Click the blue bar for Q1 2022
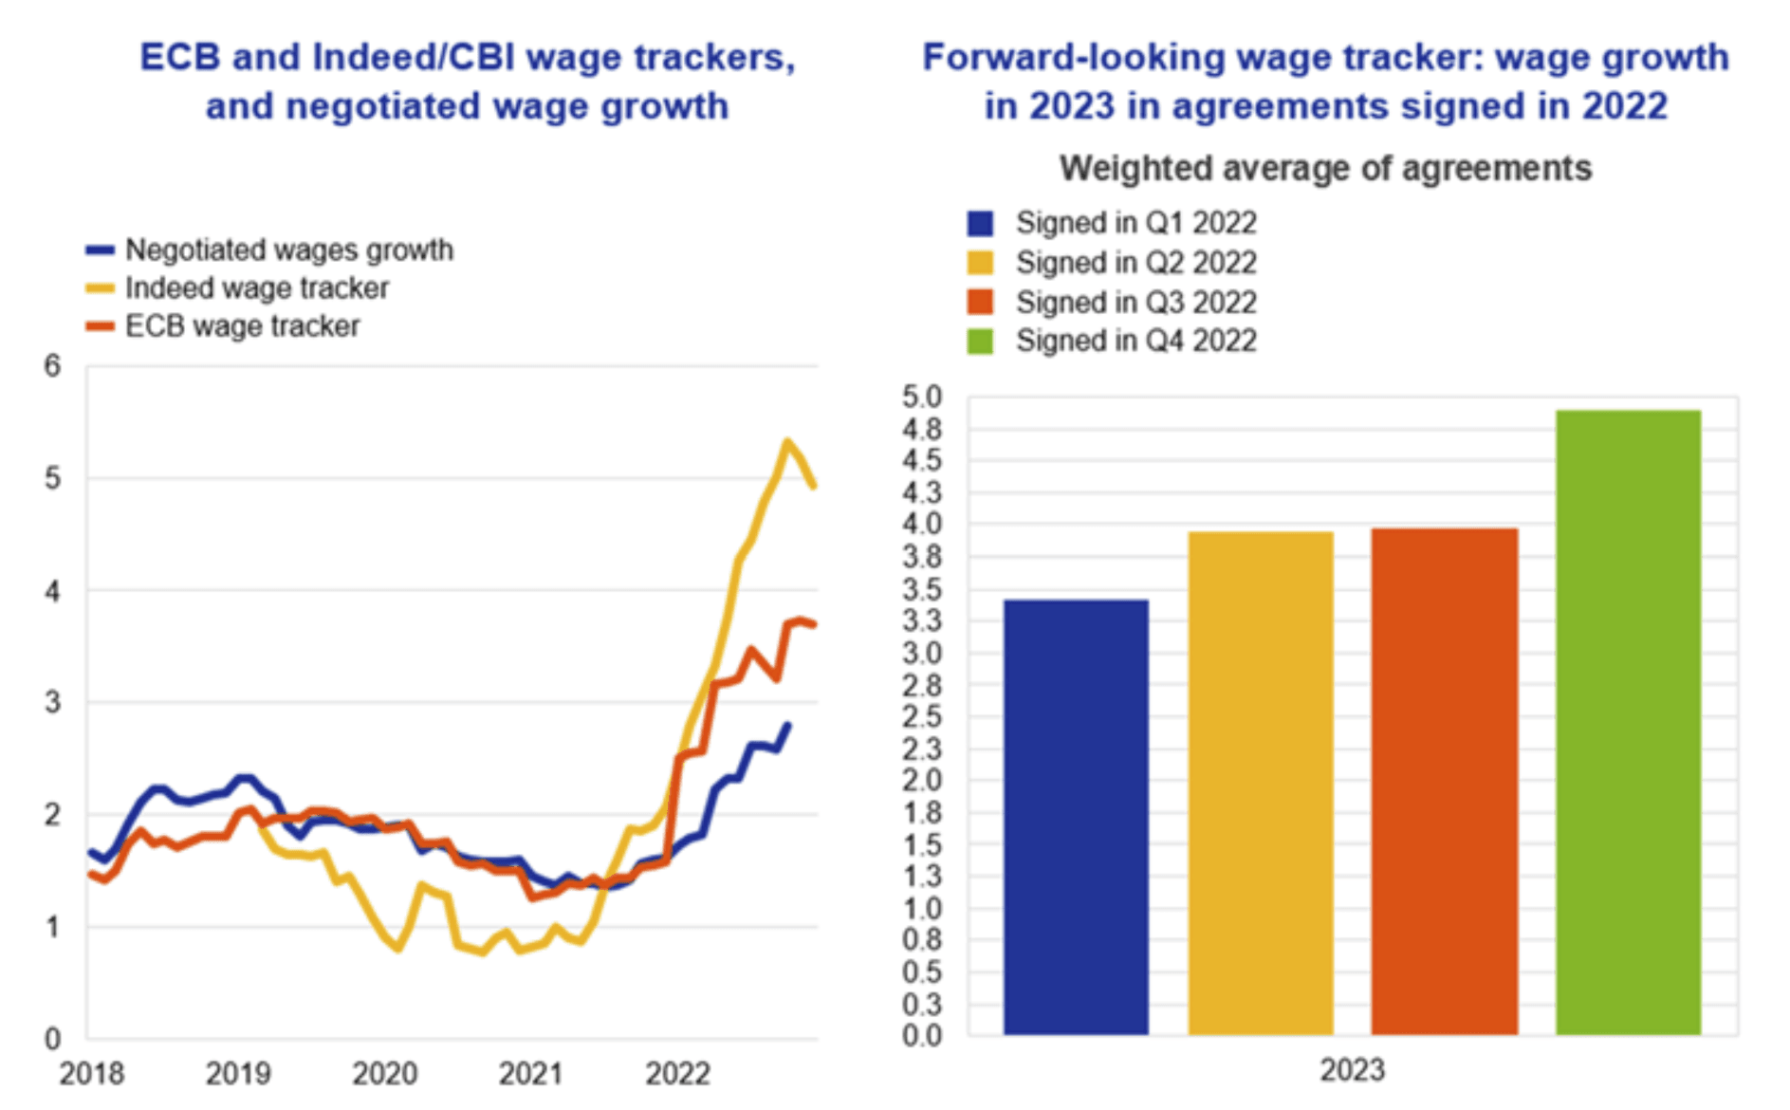(x=1076, y=816)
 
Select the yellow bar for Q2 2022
(x=1261, y=783)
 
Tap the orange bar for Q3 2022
(x=1445, y=781)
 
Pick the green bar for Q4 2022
(x=1629, y=721)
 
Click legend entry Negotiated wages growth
(x=288, y=250)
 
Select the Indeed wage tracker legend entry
(x=256, y=288)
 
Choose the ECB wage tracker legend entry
(x=242, y=326)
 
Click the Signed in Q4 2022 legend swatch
(x=980, y=342)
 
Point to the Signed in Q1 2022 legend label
(x=1135, y=223)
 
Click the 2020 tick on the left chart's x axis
(x=384, y=1074)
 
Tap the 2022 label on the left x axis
(x=677, y=1074)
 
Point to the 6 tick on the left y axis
(x=52, y=366)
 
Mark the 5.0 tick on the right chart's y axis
(x=922, y=397)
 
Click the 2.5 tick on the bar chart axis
(x=922, y=716)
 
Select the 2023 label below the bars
(x=1352, y=1070)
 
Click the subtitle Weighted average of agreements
(x=1325, y=169)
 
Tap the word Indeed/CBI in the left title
(x=414, y=58)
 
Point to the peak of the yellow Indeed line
(x=786, y=441)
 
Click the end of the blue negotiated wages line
(x=788, y=726)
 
